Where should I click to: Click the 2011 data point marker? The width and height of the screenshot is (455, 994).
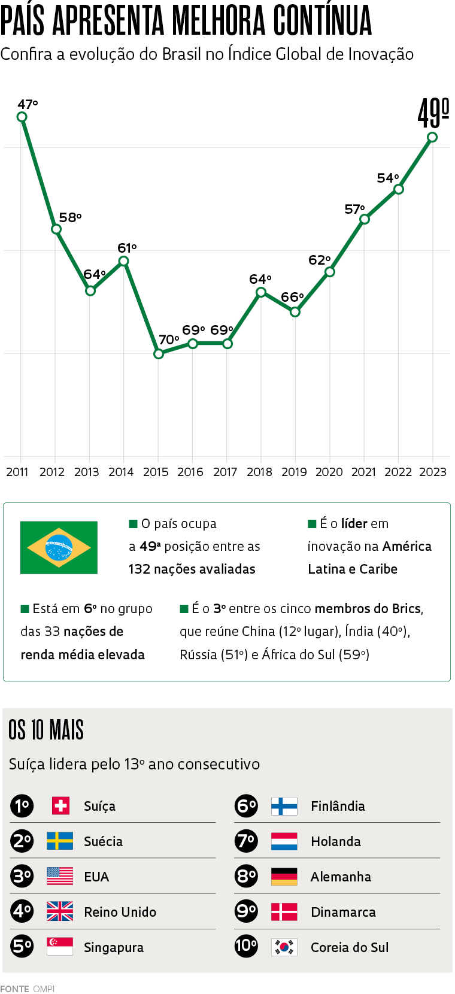tap(22, 117)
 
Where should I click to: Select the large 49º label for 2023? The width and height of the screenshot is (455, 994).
tap(433, 113)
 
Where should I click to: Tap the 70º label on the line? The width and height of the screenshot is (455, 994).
tap(168, 340)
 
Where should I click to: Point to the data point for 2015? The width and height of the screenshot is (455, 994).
tap(159, 354)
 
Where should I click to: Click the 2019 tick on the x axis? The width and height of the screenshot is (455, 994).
tap(294, 472)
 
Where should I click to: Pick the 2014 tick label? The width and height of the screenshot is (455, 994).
tap(121, 472)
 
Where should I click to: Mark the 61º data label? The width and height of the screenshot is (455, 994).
tap(127, 248)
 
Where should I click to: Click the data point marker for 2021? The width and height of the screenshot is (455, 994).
tap(365, 219)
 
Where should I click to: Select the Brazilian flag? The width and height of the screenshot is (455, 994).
tap(59, 547)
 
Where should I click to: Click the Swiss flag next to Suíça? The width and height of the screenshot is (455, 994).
tap(60, 805)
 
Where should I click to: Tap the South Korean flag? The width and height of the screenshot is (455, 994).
tap(284, 947)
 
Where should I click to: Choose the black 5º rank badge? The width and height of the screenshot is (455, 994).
tap(22, 946)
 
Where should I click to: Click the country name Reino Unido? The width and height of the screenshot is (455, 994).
tap(120, 912)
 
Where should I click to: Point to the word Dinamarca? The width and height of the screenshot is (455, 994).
tap(343, 912)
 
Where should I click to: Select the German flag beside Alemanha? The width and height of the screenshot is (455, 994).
tap(284, 877)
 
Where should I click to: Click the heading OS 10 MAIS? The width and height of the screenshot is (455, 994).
tap(46, 730)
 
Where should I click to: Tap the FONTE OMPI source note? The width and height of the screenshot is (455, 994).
tap(27, 989)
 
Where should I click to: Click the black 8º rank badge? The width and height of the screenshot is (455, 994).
tap(246, 877)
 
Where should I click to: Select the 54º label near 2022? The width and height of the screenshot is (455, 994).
tap(387, 178)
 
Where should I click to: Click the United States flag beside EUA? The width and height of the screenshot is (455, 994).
tap(60, 877)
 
